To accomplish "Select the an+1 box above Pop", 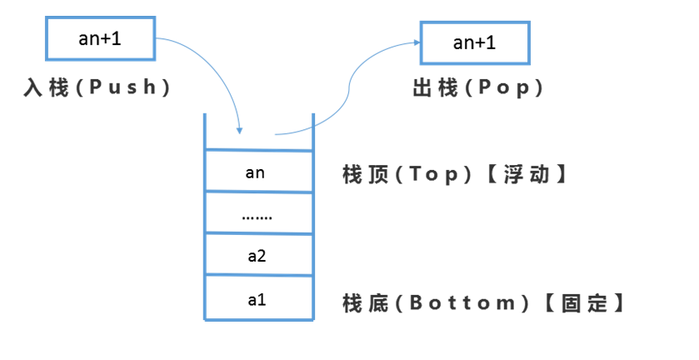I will click(x=473, y=42).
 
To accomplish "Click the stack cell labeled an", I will click(x=257, y=172).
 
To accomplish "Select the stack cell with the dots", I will click(x=257, y=214).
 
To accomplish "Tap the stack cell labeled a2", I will click(x=257, y=256).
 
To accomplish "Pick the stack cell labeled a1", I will click(x=257, y=297).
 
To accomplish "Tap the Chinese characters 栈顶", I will click(x=364, y=175).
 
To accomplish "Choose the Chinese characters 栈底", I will click(x=364, y=302).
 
